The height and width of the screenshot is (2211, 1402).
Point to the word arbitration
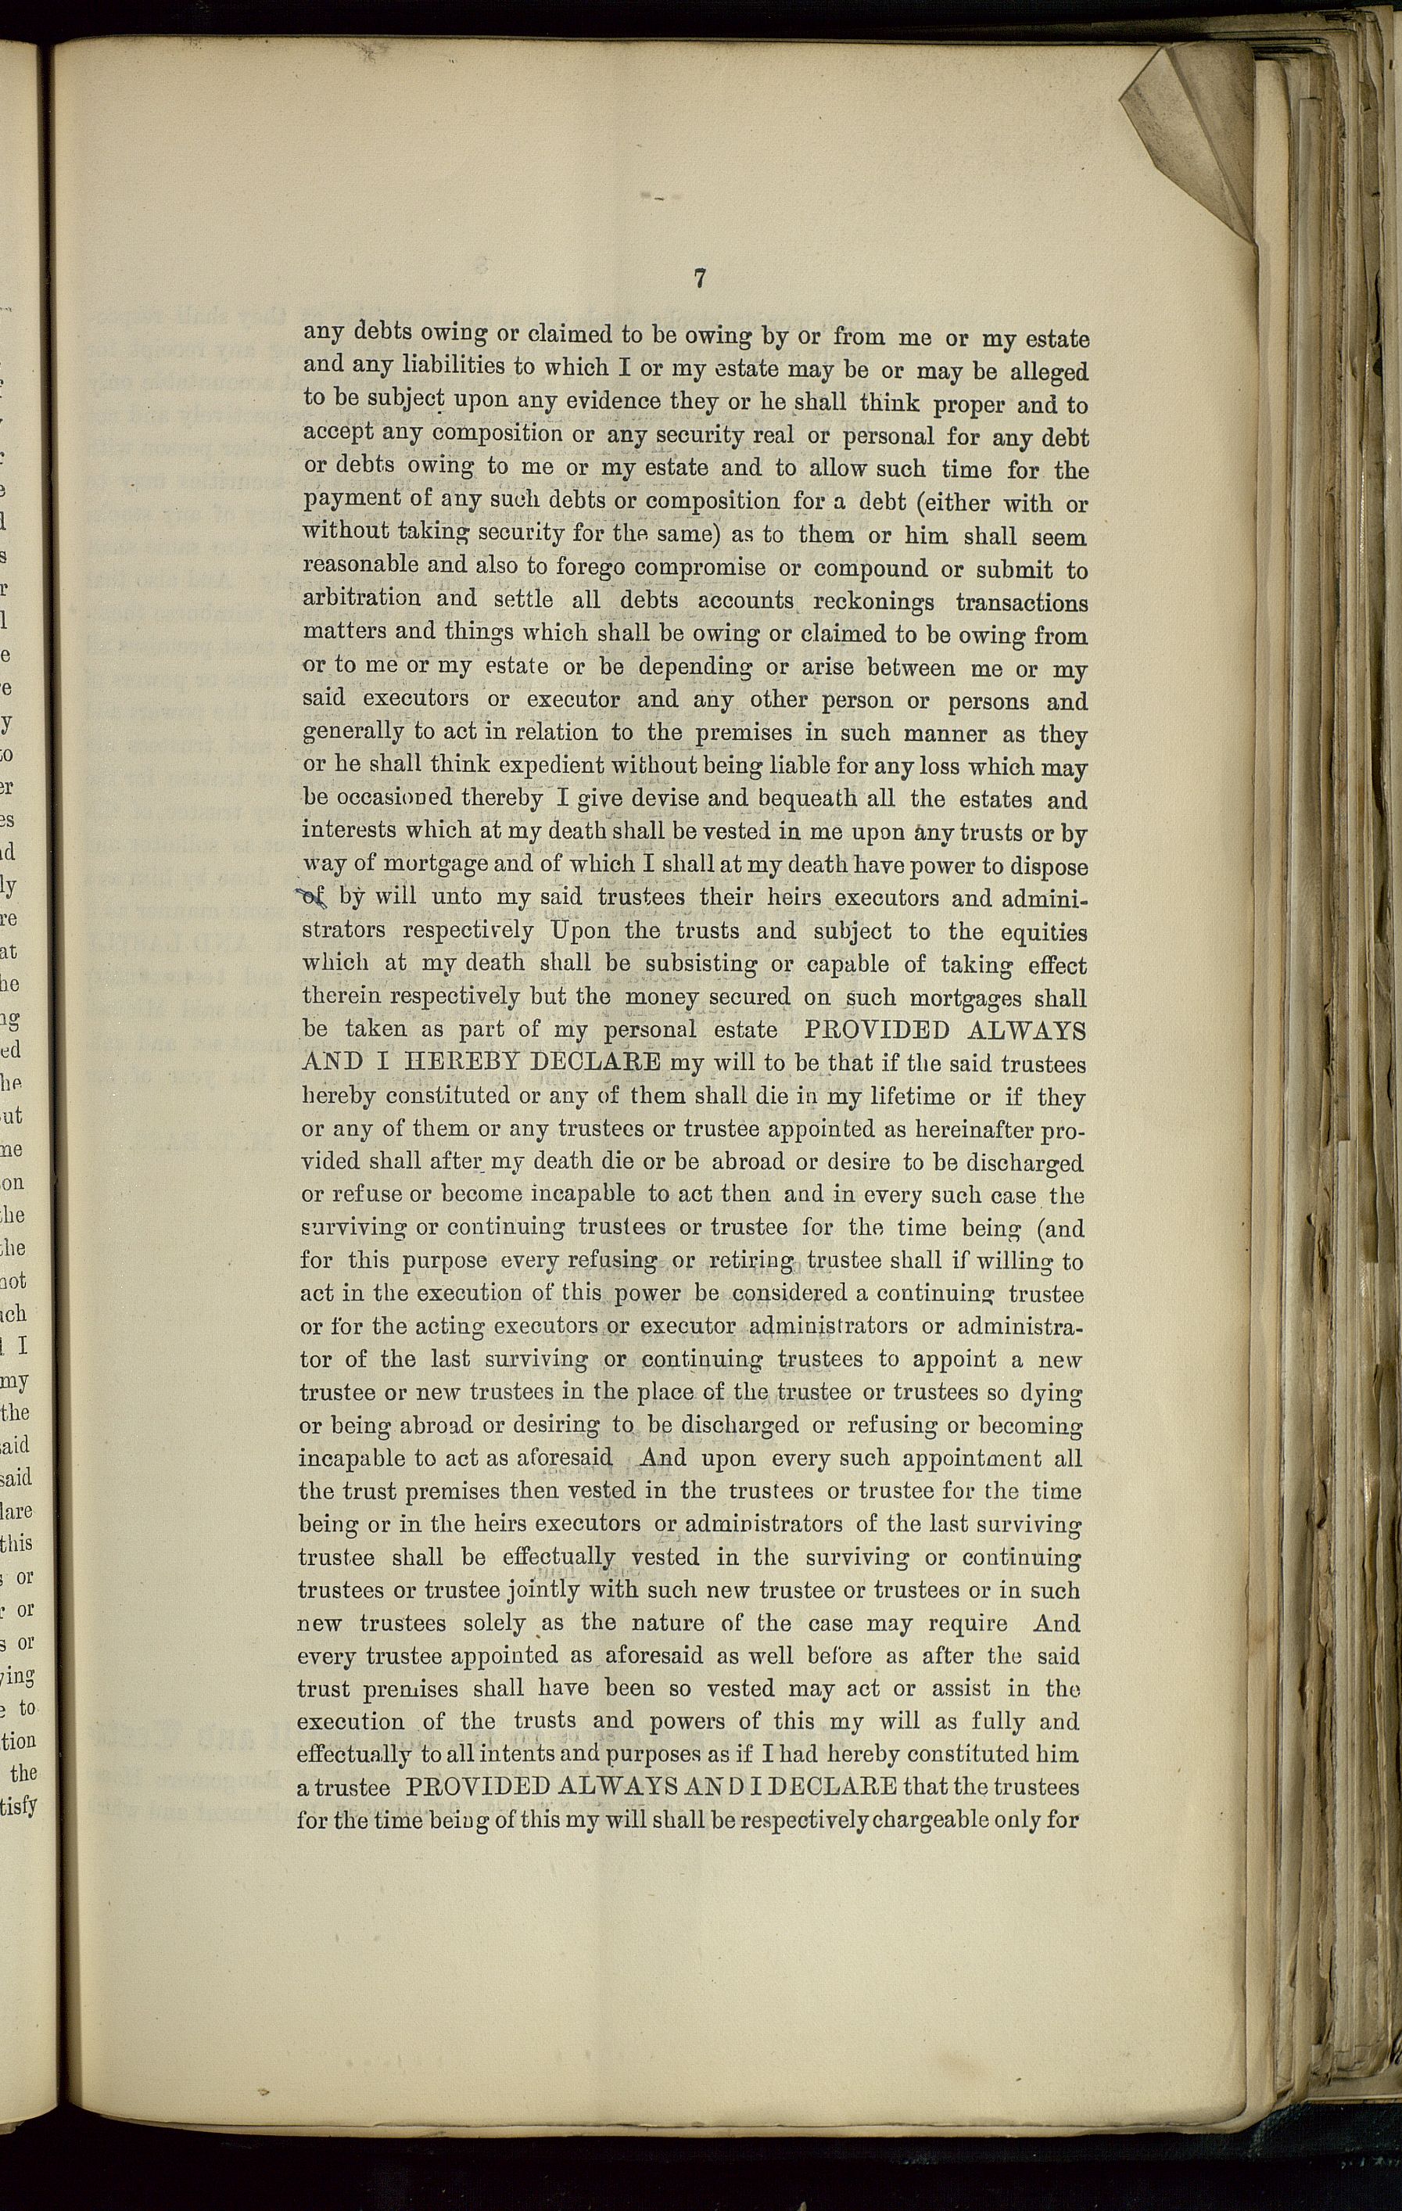tap(362, 598)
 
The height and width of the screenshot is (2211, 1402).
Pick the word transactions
tap(1021, 602)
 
